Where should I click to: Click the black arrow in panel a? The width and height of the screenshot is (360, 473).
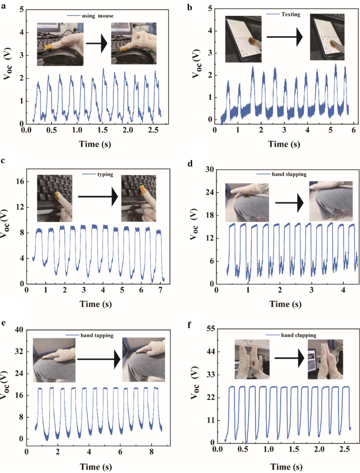[x=97, y=46]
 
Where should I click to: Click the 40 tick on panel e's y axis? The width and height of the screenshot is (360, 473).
[x=18, y=330]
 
